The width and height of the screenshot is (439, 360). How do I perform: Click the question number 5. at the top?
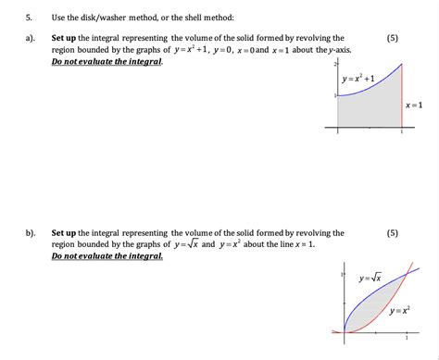(29, 18)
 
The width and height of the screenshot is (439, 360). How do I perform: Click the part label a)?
(31, 38)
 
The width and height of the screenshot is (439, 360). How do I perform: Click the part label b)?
(31, 233)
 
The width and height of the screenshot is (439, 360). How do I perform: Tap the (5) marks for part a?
(394, 38)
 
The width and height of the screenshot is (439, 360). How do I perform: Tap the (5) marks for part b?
(394, 233)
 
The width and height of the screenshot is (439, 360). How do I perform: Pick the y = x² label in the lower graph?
(400, 309)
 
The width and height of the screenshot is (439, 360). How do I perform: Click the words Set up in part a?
(64, 38)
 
